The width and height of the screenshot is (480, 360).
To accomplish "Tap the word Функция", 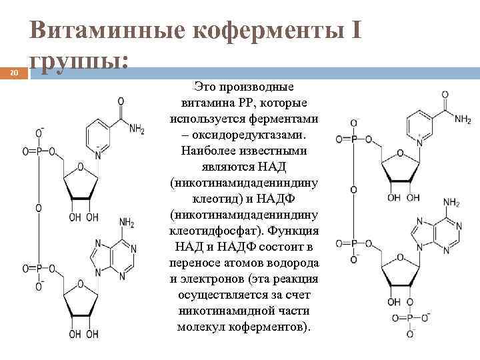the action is [296, 231].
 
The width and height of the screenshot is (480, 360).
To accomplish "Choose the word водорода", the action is [291, 263].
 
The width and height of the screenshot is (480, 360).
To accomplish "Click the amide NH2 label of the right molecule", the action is [463, 119].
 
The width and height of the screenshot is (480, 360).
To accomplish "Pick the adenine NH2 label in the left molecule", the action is [127, 222].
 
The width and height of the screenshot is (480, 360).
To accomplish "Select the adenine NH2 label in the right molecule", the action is [452, 202].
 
